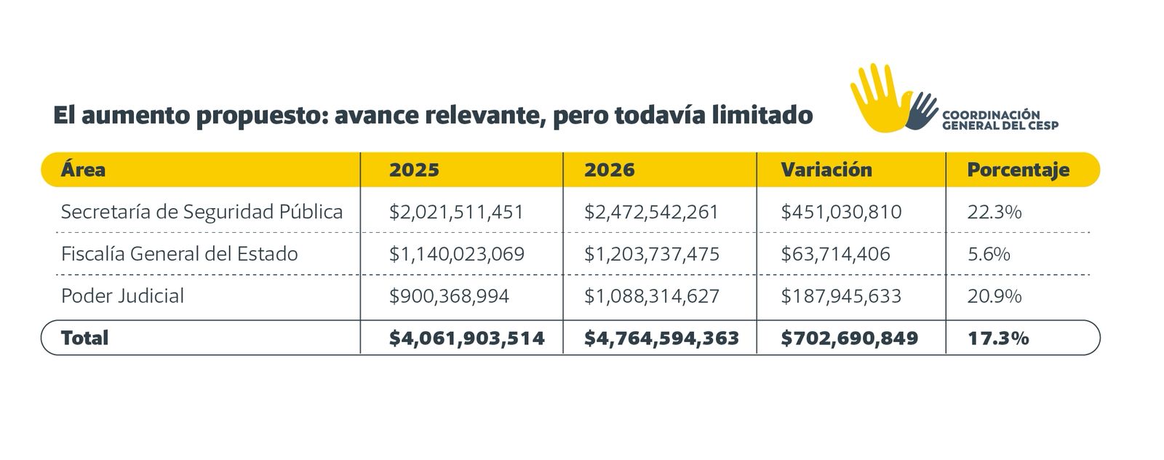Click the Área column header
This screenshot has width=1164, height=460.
coord(83,170)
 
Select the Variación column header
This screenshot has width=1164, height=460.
coord(826,170)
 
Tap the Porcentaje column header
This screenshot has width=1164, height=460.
coord(1018,170)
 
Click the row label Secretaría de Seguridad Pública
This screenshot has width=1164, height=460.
coord(202,212)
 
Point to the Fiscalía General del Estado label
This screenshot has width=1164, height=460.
coord(179,254)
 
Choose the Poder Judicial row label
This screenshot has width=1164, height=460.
coord(122,296)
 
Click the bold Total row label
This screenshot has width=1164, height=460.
coord(84,338)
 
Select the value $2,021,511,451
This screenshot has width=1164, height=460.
coord(456,212)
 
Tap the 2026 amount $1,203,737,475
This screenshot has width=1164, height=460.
coord(651,254)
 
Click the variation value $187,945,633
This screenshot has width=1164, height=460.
coord(841,296)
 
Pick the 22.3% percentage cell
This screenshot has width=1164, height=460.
coord(994,212)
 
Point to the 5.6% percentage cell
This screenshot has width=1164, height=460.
coord(989,254)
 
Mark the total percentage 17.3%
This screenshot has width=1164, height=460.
coord(997,338)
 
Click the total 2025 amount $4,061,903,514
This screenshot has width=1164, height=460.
coord(466,338)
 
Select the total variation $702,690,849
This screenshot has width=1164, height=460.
coord(849,338)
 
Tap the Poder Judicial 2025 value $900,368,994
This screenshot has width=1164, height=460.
coord(449,296)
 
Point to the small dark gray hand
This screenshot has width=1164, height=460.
coord(921,111)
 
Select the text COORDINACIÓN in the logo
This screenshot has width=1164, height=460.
coord(991,115)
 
